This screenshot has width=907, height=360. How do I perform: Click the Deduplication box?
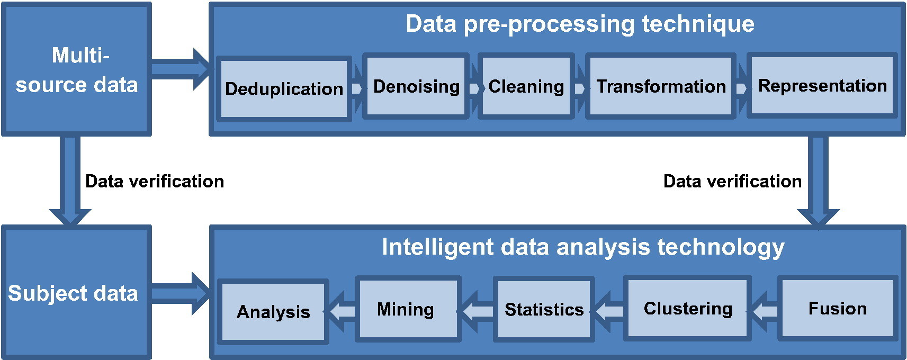(x=284, y=89)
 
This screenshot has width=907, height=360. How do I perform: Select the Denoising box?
(x=416, y=86)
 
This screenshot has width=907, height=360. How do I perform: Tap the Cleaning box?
(x=526, y=86)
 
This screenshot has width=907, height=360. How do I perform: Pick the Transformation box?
(x=661, y=86)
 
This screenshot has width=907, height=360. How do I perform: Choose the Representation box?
(x=822, y=85)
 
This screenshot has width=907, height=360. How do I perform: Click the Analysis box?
(x=273, y=312)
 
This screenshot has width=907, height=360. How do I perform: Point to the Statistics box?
(x=544, y=309)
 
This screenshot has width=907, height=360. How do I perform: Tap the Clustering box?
(x=688, y=308)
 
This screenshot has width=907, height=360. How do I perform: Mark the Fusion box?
(x=838, y=308)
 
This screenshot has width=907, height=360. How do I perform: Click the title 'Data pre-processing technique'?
(x=580, y=23)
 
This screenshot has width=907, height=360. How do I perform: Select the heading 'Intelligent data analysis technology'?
(x=583, y=247)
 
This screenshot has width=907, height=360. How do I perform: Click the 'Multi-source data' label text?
(x=77, y=70)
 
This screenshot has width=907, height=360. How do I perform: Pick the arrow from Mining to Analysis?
(x=342, y=311)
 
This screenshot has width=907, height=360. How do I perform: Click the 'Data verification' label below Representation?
(x=732, y=181)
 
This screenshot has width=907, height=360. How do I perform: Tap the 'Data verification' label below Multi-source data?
(x=155, y=181)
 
